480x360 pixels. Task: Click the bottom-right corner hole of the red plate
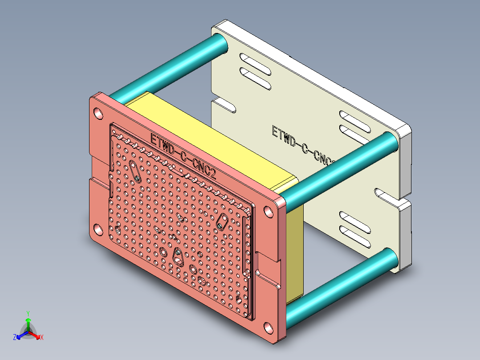pyautogui.click(x=268, y=327)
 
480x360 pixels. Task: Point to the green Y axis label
pyautogui.click(x=28, y=313)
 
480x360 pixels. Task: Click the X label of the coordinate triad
pyautogui.click(x=41, y=338)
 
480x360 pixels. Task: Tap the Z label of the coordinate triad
pyautogui.click(x=15, y=338)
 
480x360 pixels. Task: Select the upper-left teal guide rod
pyautogui.click(x=169, y=67)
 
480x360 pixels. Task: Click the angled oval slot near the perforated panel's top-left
pyautogui.click(x=135, y=171)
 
